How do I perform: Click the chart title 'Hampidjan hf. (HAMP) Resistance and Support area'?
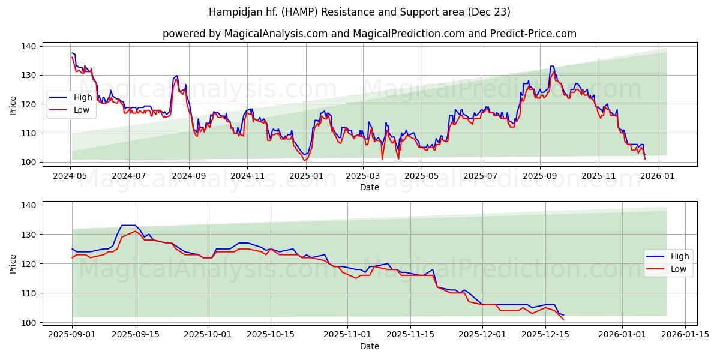[x=360, y=12]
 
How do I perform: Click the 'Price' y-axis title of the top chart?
[x=13, y=106]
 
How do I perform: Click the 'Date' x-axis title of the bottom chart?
[x=370, y=347]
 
